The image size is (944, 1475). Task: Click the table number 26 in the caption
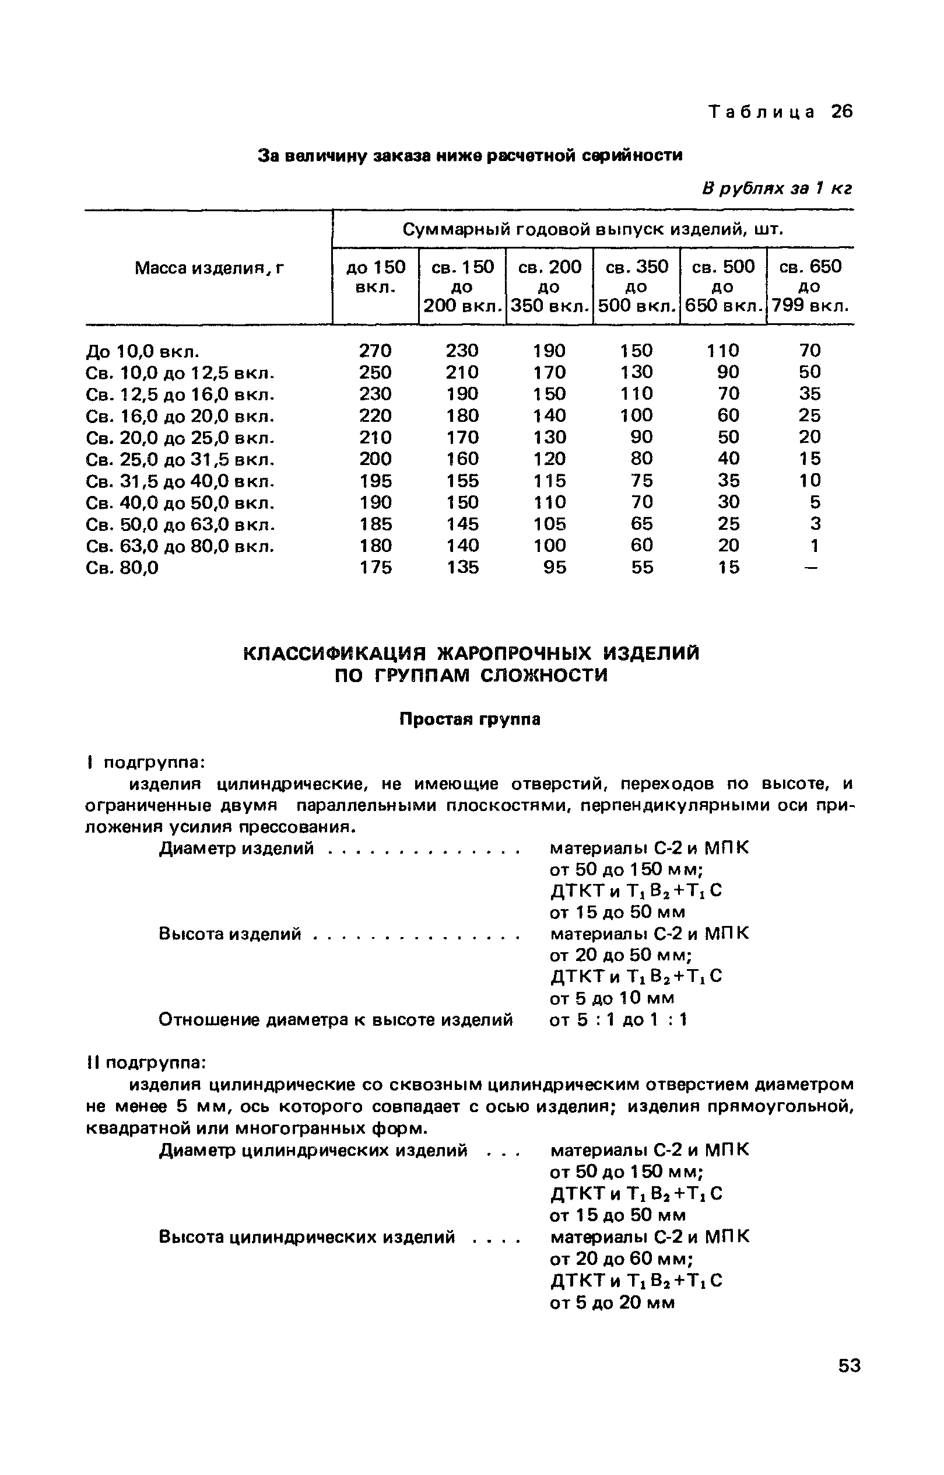(841, 112)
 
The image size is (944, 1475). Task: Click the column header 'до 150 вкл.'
(375, 276)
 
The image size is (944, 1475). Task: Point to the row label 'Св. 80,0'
(122, 568)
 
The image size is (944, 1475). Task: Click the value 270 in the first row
(374, 351)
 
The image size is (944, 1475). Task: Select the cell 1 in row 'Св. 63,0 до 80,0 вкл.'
(814, 546)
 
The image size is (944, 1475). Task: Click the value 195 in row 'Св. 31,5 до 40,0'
(375, 481)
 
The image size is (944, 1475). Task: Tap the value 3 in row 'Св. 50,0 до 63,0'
(815, 524)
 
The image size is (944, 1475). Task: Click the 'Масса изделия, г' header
(210, 268)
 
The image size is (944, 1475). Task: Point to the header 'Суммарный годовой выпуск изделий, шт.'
(593, 230)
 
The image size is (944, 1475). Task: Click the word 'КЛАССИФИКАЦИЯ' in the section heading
(326, 654)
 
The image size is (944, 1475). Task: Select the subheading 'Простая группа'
(469, 719)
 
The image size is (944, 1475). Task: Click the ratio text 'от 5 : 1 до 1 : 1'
(619, 1020)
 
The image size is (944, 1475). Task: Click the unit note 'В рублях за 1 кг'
(777, 189)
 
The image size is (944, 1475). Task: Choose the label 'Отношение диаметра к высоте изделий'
(335, 1020)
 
